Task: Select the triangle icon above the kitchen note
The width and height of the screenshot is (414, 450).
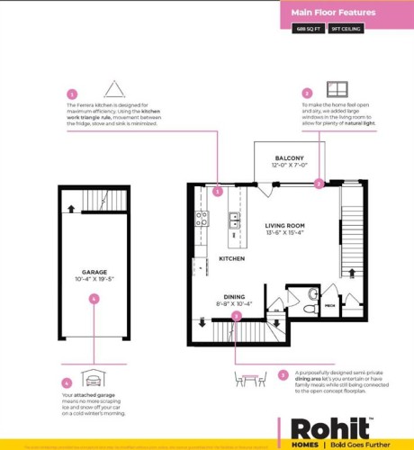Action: point(113,88)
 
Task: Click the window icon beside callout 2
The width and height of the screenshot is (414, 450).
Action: point(337,88)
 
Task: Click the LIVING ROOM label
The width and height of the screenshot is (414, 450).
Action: point(284,227)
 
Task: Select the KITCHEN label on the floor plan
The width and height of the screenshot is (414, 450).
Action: point(232,258)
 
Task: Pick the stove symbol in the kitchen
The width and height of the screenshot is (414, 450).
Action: point(202,218)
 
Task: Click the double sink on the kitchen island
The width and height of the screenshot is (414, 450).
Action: point(234,217)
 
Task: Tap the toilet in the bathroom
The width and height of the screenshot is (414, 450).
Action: point(308,306)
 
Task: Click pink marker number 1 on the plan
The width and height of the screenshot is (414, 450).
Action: point(217,191)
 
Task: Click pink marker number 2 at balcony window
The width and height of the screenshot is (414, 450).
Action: point(318,183)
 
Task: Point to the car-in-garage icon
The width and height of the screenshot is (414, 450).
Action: point(91,378)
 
